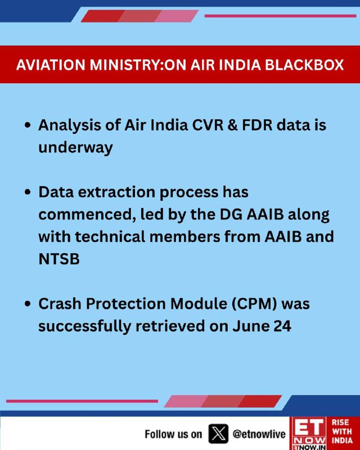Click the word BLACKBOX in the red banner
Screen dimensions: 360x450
tap(304, 65)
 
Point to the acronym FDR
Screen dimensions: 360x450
tap(257, 125)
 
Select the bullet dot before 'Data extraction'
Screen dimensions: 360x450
tap(28, 192)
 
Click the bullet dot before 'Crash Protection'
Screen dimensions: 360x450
tap(28, 304)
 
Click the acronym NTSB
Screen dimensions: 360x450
tap(59, 259)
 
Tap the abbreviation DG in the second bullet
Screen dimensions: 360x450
tap(231, 214)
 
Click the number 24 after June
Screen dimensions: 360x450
tap(282, 326)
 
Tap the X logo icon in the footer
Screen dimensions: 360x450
tap(218, 434)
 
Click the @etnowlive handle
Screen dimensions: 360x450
tap(259, 434)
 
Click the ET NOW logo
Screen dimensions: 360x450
tap(309, 433)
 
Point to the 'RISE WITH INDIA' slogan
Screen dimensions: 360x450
tap(343, 431)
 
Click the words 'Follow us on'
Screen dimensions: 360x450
tap(173, 434)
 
